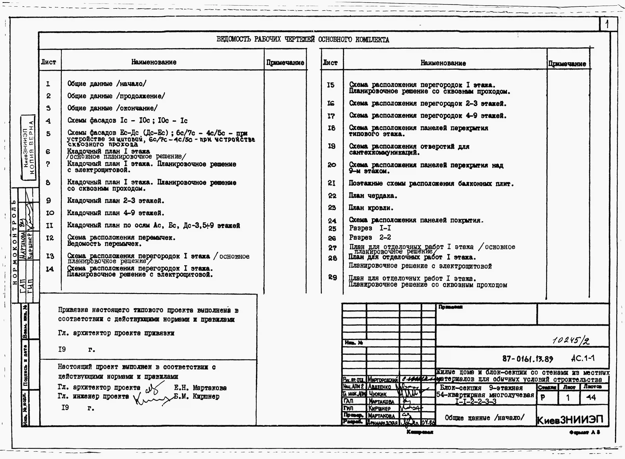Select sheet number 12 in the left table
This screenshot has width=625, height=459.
pos(50,238)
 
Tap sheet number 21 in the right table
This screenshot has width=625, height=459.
pos(332,183)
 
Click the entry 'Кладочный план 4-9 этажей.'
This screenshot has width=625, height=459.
pos(116,213)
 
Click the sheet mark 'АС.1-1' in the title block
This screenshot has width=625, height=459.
pos(583,358)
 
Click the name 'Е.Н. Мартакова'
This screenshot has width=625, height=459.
pos(200,388)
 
